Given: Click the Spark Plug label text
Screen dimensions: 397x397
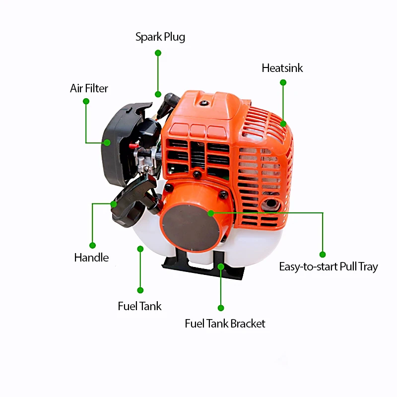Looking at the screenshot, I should click(x=160, y=37).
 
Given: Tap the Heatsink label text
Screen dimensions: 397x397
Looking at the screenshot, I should click(x=282, y=68).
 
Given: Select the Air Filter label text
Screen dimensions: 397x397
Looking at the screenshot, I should click(x=89, y=89).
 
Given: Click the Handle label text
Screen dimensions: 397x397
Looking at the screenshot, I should click(x=91, y=258).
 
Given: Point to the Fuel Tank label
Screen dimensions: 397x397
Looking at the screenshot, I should click(x=139, y=306).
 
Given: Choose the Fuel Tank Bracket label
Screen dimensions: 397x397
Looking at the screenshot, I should click(x=225, y=324).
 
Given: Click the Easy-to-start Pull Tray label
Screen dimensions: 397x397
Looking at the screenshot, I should click(x=328, y=266).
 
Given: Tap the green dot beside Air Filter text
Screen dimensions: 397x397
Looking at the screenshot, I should click(x=86, y=101).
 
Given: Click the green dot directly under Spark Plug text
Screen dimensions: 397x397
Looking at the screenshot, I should click(x=158, y=53).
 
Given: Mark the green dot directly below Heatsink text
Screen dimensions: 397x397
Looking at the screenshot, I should click(x=283, y=82).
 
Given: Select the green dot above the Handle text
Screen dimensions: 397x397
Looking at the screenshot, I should click(x=92, y=245).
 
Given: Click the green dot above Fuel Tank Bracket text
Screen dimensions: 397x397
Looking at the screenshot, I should click(x=221, y=308).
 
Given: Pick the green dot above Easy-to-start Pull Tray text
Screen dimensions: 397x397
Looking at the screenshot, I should click(x=323, y=254).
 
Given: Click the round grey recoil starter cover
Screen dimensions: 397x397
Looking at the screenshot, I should click(x=189, y=226).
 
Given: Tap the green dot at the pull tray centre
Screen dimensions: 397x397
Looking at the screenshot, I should click(x=211, y=213).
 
